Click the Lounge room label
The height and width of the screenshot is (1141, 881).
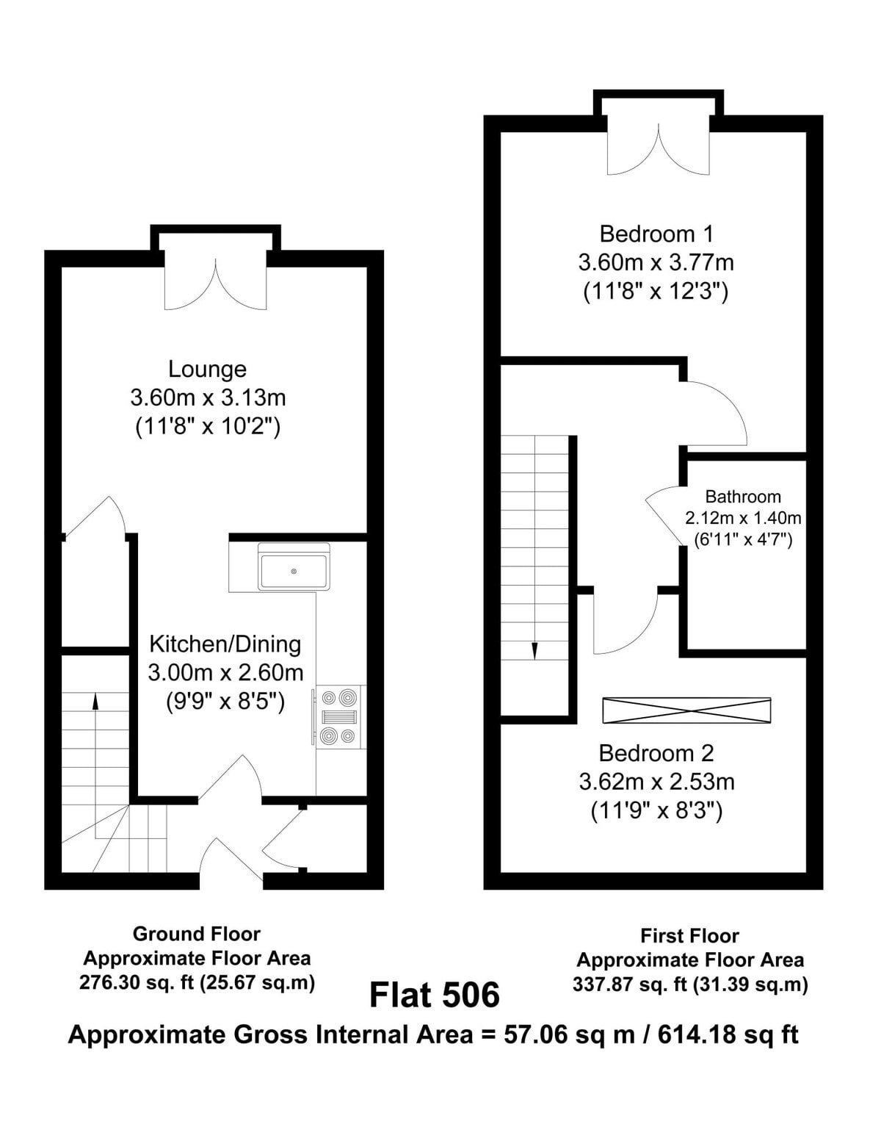click(x=207, y=369)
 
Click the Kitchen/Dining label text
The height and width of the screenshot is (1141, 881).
click(x=225, y=644)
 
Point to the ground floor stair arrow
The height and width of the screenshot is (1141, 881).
click(x=95, y=764)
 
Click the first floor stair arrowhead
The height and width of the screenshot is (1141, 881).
click(x=534, y=651)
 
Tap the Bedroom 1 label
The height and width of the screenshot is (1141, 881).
click(x=656, y=234)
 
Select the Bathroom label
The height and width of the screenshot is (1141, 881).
click(x=743, y=496)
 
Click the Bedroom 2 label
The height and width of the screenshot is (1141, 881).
click(x=656, y=754)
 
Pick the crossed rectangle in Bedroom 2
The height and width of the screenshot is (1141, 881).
click(x=687, y=710)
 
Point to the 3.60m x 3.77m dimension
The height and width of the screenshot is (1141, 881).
click(x=656, y=262)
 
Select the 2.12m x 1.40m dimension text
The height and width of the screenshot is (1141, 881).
click(x=743, y=518)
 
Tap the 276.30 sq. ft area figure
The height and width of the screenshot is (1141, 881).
click(x=137, y=982)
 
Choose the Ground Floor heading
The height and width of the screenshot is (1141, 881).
click(x=196, y=934)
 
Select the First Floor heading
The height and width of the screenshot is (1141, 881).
click(x=689, y=936)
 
